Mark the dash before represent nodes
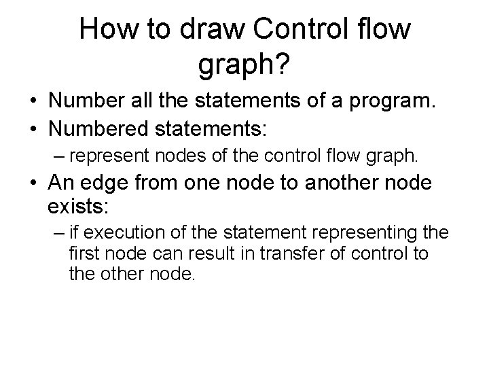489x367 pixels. (x=56, y=156)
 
